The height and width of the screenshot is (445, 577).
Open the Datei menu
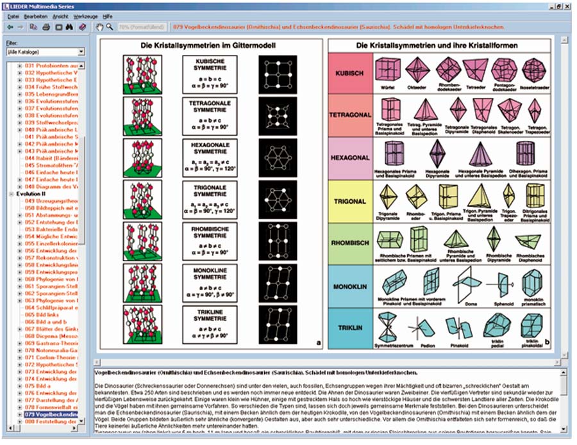(x=13, y=15)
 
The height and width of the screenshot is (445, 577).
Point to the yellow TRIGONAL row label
(x=349, y=201)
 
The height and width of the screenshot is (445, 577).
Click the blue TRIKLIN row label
(x=349, y=328)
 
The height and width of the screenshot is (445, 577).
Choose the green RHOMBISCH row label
(x=349, y=243)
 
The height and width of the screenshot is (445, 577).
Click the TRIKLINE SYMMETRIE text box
(x=210, y=325)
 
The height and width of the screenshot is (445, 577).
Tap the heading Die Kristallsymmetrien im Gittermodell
(x=210, y=45)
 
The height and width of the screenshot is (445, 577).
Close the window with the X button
(x=567, y=4)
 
